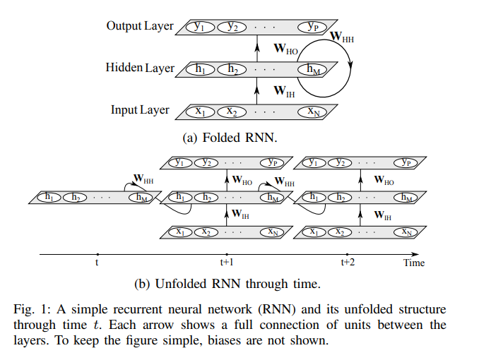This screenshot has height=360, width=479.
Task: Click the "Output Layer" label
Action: pos(140,26)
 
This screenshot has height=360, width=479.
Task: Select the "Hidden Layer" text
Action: pos(140,68)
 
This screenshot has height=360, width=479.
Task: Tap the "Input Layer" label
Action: pos(140,110)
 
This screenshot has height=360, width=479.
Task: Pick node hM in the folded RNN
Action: pos(313,69)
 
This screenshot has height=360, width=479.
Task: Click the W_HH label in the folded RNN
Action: pos(341,36)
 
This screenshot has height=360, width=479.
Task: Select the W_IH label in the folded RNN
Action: pos(283,90)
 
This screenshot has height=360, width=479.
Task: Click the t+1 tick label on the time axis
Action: pos(226,263)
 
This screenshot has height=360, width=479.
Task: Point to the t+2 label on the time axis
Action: pos(347,263)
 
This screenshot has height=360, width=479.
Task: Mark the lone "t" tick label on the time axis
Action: pos(97,263)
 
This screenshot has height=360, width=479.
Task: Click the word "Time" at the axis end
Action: pos(414,263)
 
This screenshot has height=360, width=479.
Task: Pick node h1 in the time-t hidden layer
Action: pos(49,198)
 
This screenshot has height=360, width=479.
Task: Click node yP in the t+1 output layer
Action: pos(272,162)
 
